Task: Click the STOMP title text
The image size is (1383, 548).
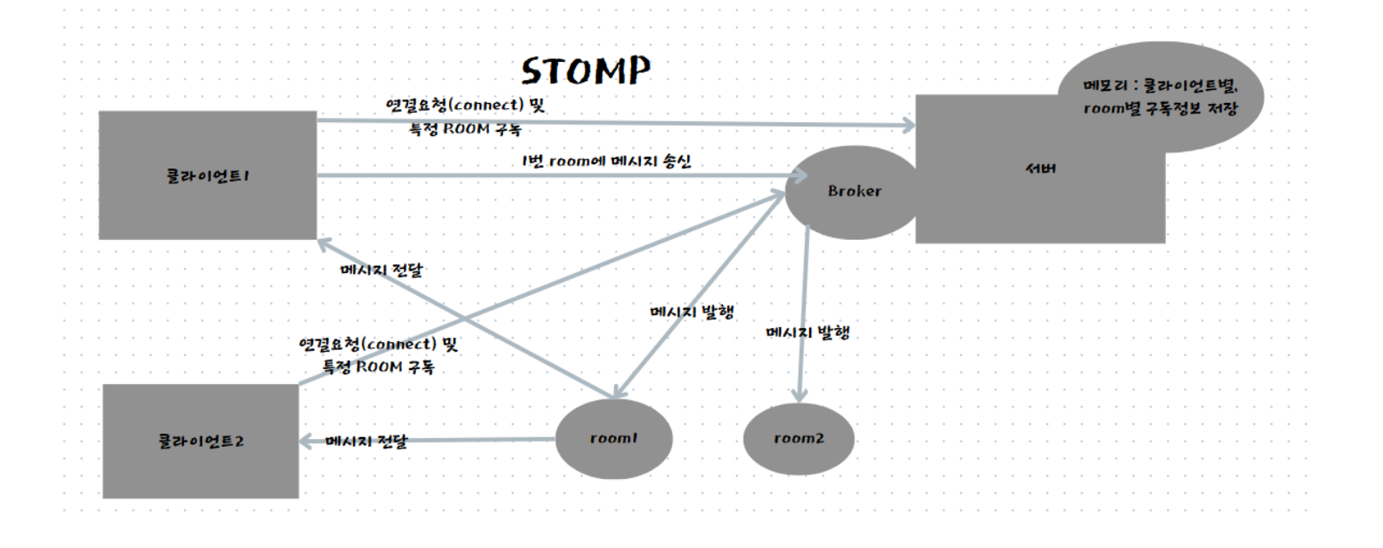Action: coord(586,71)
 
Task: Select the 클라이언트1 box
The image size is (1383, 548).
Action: coord(208,175)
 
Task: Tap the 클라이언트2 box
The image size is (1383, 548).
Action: coord(201,441)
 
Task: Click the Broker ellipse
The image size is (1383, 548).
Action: coord(854,191)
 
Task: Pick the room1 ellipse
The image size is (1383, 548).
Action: coord(614,438)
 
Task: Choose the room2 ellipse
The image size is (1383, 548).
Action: coord(799,438)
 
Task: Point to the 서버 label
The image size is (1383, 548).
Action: coord(1040,168)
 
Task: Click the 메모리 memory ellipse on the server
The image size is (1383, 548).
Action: coord(1160,97)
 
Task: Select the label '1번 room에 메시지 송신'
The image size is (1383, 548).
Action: coord(606,161)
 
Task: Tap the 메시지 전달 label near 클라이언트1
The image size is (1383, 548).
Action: coord(381,270)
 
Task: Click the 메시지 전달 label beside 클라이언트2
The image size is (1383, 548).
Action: coord(366,442)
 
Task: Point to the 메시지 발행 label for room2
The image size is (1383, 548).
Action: coord(807,332)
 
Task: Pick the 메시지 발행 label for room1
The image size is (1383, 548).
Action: coord(692,312)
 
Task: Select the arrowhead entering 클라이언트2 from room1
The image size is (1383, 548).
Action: coord(306,442)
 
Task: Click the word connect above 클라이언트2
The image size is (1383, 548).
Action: coord(401,345)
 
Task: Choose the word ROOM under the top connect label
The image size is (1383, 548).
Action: coord(467,129)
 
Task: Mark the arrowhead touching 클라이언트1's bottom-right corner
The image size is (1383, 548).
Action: coord(324,242)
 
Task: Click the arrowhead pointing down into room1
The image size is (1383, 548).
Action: coord(618,394)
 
